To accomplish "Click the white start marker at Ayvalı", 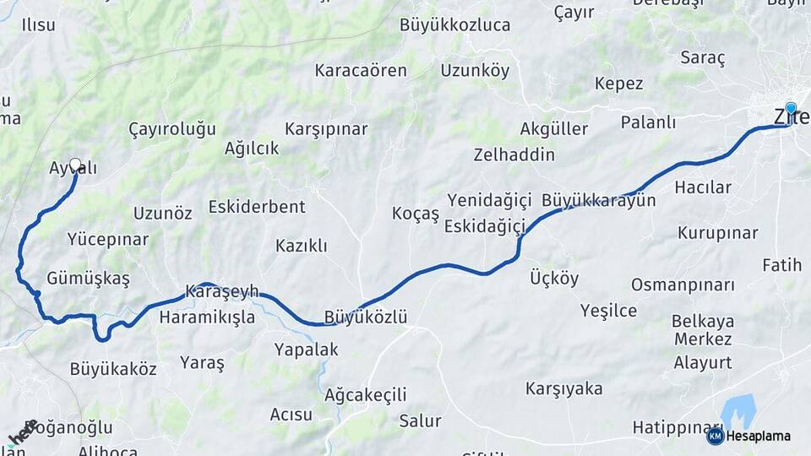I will pyautogui.click(x=75, y=165).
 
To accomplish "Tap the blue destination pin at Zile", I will pyautogui.click(x=791, y=109).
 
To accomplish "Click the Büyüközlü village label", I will pyautogui.click(x=365, y=318).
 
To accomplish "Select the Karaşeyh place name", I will pyautogui.click(x=222, y=291).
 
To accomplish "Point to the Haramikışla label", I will pyautogui.click(x=207, y=318).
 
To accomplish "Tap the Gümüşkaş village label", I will pyautogui.click(x=89, y=278).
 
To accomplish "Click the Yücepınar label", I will pyautogui.click(x=108, y=239).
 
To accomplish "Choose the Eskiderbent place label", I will pyautogui.click(x=257, y=206).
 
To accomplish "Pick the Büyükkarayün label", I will pyautogui.click(x=599, y=200).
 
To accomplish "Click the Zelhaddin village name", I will pyautogui.click(x=514, y=155).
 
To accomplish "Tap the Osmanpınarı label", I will pyautogui.click(x=683, y=285).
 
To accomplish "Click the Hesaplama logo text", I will pyautogui.click(x=759, y=436).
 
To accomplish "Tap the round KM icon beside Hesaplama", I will pyautogui.click(x=716, y=436).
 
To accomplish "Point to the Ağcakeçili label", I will pyautogui.click(x=366, y=394).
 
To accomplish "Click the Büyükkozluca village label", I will pyautogui.click(x=454, y=24).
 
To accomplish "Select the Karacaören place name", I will pyautogui.click(x=361, y=70).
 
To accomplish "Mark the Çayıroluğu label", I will pyautogui.click(x=172, y=129).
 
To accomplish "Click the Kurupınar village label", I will pyautogui.click(x=717, y=232).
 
